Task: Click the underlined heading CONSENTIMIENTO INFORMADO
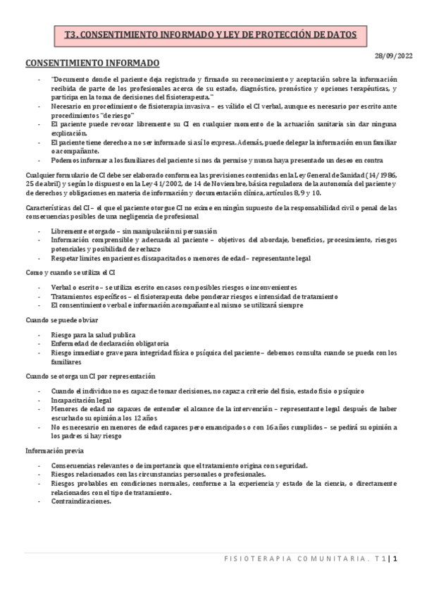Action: coord(92,63)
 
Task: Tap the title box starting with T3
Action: coord(211,33)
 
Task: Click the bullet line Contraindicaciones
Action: coord(81,502)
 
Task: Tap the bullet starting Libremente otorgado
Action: coord(134,231)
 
